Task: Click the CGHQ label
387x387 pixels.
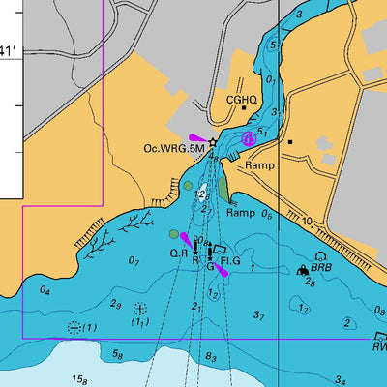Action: coord(241,100)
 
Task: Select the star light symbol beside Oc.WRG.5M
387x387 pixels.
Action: coord(213,142)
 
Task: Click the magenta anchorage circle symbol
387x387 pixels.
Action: coord(249,138)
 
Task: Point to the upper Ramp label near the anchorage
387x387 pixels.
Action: coord(259,165)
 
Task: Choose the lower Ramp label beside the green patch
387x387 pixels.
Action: coord(240,212)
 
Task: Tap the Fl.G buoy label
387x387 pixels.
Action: coord(230,261)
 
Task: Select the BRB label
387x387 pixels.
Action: coord(320,267)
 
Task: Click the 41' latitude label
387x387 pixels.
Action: coord(9,49)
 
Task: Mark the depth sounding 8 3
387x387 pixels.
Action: coord(212,358)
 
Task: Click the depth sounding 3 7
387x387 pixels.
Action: coord(258,315)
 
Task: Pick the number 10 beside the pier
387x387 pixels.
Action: coord(307,222)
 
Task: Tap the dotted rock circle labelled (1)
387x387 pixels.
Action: coord(74,327)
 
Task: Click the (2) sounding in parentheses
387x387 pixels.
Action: coord(346,323)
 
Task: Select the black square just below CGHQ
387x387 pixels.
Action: coord(242,113)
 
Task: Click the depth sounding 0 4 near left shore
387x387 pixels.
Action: coord(45,289)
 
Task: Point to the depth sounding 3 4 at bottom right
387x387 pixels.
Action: coord(341,380)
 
